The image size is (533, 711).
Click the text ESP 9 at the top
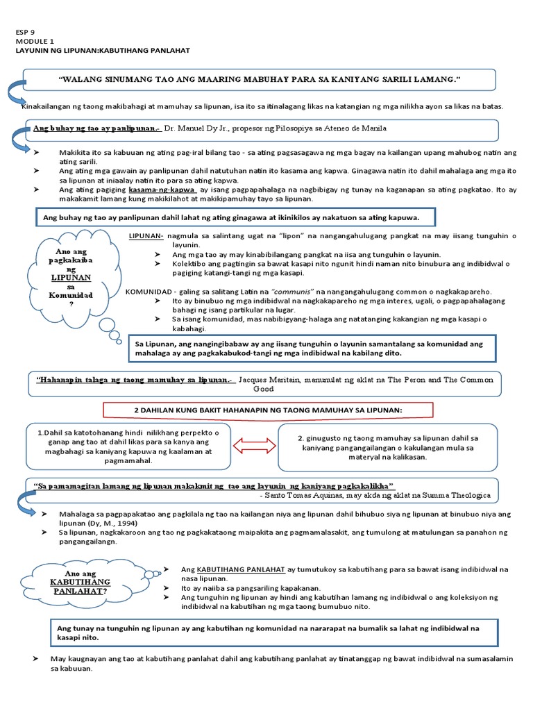click(24, 31)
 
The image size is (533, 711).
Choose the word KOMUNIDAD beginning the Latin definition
click(149, 292)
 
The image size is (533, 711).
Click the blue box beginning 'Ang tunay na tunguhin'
click(278, 632)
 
